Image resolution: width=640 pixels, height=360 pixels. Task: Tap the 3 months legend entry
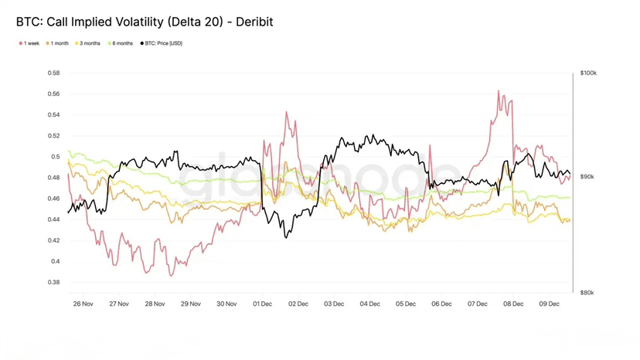point(90,43)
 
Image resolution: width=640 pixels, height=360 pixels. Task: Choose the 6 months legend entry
point(122,43)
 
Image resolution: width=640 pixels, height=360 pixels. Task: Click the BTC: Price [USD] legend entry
point(163,43)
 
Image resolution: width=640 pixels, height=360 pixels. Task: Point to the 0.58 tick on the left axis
point(53,73)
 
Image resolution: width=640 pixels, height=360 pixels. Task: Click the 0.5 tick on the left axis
point(56,157)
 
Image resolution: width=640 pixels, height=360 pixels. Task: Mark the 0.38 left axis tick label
point(53,282)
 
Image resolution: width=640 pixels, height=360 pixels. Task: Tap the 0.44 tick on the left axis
point(53,219)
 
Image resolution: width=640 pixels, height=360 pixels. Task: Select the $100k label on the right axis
point(588,73)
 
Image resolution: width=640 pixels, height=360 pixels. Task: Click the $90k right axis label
point(587,177)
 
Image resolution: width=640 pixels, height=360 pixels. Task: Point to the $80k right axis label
point(587,293)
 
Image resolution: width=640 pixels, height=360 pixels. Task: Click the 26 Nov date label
point(83,304)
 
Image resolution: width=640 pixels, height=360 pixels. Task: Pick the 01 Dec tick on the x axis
point(262,304)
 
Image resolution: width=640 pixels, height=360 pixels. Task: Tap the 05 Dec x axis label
point(406,304)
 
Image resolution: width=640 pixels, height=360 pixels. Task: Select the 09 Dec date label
point(549,304)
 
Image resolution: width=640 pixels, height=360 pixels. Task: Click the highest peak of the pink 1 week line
point(499,91)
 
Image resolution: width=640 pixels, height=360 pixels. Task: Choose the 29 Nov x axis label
point(190,304)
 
